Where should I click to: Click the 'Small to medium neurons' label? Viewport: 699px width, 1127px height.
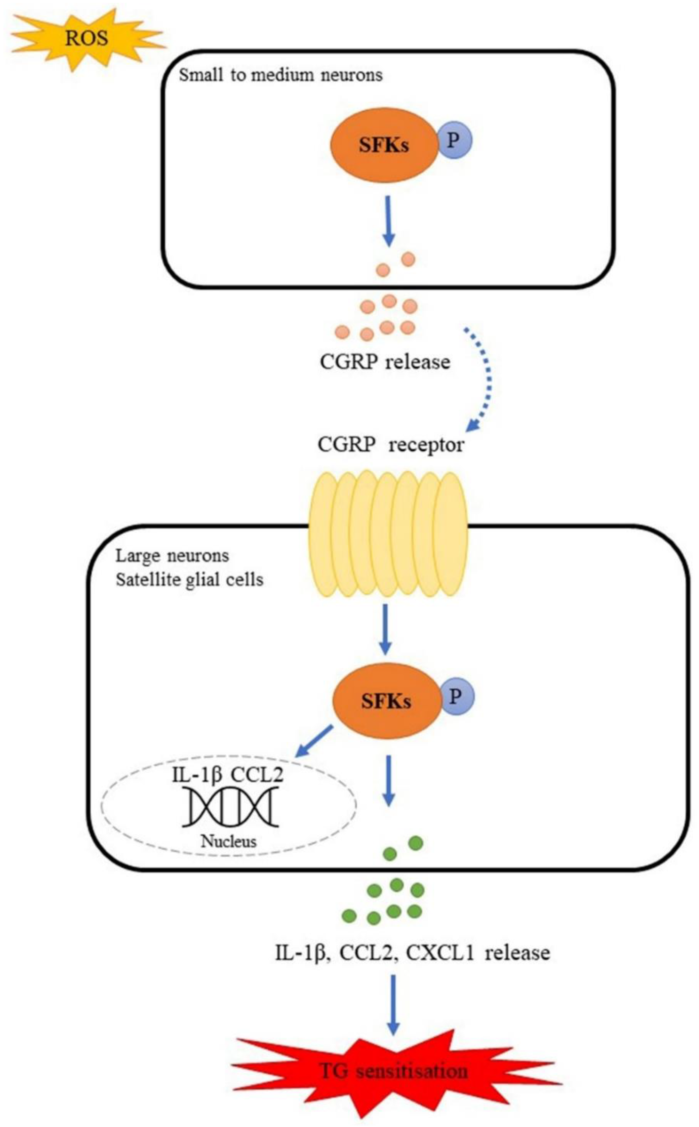pos(281,75)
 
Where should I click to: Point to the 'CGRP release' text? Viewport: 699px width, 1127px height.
pos(385,362)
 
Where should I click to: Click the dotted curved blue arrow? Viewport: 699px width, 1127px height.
pos(483,379)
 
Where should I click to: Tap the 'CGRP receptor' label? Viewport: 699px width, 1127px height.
pos(391,445)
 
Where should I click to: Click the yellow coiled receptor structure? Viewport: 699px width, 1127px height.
pos(387,534)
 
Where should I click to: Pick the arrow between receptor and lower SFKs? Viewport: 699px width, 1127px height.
pos(385,630)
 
